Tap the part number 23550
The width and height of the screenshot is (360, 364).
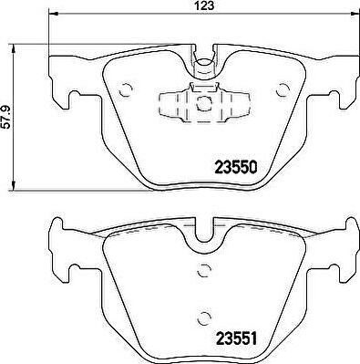click(x=236, y=167)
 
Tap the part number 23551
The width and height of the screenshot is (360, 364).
click(x=236, y=338)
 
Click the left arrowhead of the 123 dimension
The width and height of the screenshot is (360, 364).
click(x=53, y=14)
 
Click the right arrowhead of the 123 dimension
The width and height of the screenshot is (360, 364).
click(x=355, y=14)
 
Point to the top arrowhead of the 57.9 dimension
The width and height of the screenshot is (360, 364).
click(x=14, y=49)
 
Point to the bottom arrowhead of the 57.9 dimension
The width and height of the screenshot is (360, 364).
click(x=14, y=186)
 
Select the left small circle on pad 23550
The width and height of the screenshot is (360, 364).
click(x=126, y=89)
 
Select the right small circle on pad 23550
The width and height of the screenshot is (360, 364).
click(x=283, y=89)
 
